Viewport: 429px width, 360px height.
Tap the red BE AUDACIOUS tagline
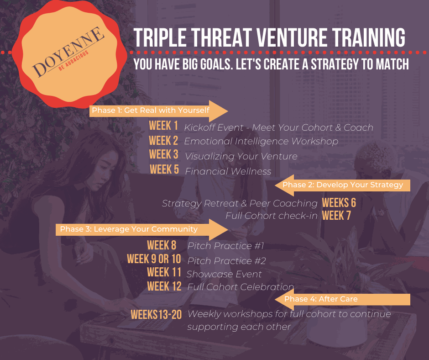73,61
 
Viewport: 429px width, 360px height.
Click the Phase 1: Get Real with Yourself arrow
159,111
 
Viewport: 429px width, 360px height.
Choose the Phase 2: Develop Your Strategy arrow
343,185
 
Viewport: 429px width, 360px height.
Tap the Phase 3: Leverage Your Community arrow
142,229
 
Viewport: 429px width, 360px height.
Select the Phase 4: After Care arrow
343,299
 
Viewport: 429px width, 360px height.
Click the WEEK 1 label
163,126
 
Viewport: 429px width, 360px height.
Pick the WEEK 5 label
164,169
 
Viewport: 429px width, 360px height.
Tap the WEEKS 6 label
339,203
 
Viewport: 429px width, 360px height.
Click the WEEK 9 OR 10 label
154,259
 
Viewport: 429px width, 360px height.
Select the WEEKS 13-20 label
156,314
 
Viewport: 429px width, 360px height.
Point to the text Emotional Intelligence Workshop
262,141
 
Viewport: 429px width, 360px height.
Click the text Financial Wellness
228,171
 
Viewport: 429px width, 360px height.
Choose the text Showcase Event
224,274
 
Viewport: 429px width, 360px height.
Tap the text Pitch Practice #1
226,246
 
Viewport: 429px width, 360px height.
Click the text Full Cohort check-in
272,216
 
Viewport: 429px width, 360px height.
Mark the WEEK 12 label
164,286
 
